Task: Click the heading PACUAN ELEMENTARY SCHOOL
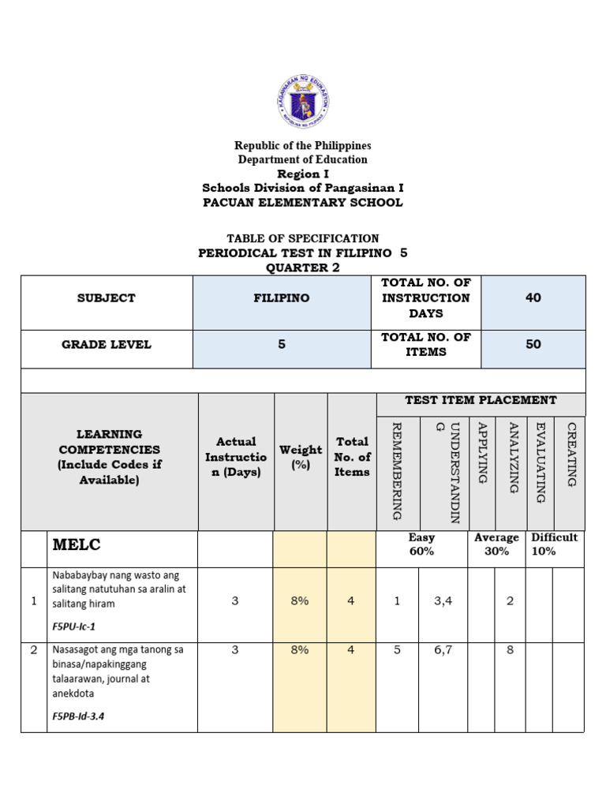(x=303, y=202)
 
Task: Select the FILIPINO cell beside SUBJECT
(x=282, y=298)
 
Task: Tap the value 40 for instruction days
(x=533, y=298)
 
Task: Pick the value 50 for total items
(x=533, y=345)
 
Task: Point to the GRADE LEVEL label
(x=107, y=345)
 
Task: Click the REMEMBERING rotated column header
(x=397, y=470)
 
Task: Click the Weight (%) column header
(x=301, y=457)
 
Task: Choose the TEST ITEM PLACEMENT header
(x=481, y=401)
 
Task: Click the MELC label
(x=77, y=545)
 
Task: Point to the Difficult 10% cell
(x=554, y=544)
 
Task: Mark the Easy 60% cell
(x=422, y=544)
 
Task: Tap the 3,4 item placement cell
(x=443, y=601)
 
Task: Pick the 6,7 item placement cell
(x=443, y=651)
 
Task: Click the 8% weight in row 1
(x=300, y=601)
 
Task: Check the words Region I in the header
(x=303, y=174)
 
